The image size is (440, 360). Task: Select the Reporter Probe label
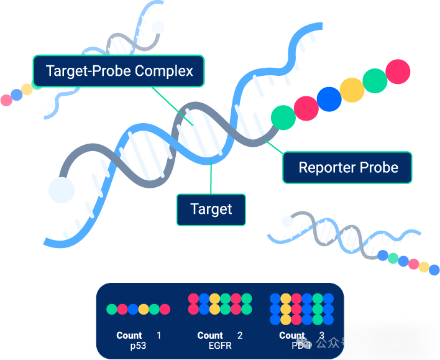pyautogui.click(x=347, y=167)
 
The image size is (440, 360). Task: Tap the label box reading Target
pyautogui.click(x=211, y=210)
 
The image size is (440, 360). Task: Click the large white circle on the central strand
pyautogui.click(x=62, y=190)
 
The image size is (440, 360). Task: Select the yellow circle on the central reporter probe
pyautogui.click(x=352, y=90)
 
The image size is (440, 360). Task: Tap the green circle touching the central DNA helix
pyautogui.click(x=283, y=117)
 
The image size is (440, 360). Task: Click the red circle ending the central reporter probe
pyautogui.click(x=398, y=72)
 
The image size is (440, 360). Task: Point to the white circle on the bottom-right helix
pyautogui.click(x=287, y=221)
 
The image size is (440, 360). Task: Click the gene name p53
pyautogui.click(x=138, y=345)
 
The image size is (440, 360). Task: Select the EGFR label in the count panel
pyautogui.click(x=219, y=345)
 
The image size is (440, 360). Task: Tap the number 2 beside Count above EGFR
pyautogui.click(x=240, y=336)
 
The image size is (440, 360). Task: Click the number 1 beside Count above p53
pyautogui.click(x=158, y=336)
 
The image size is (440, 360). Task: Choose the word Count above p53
pyautogui.click(x=129, y=336)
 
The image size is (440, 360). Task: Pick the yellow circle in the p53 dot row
pyautogui.click(x=144, y=309)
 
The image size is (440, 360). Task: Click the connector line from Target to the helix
pyautogui.click(x=211, y=180)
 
